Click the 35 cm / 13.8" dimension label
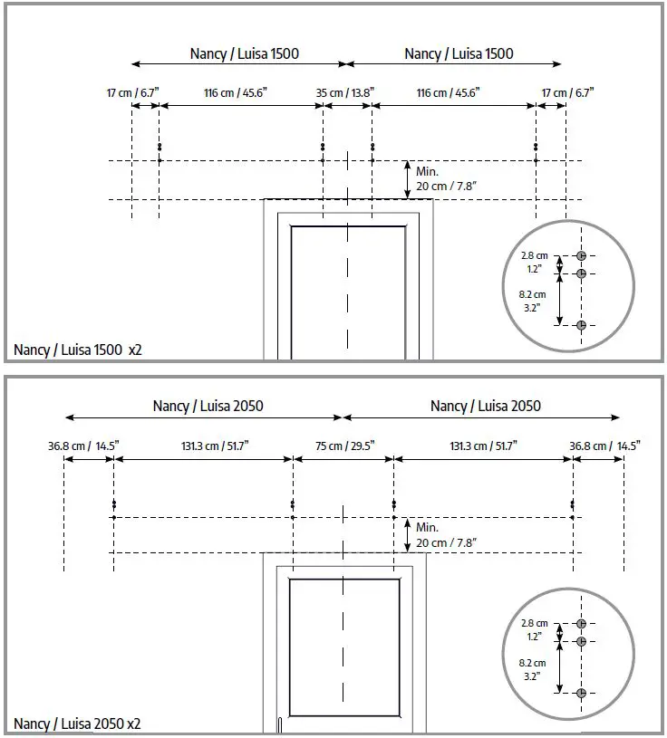tap(345, 92)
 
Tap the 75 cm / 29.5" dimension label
tap(343, 446)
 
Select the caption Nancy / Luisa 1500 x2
tap(78, 350)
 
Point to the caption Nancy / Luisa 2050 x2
tap(77, 724)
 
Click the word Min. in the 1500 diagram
tap(428, 170)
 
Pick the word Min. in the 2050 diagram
tap(428, 527)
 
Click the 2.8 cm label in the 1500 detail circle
tap(534, 256)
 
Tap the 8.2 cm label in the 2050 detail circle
tap(533, 663)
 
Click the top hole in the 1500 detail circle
tap(581, 256)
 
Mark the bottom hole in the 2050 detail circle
tap(581, 693)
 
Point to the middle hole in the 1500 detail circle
tap(581, 273)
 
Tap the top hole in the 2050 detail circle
tap(581, 624)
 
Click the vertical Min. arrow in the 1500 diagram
tap(407, 179)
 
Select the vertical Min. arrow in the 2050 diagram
tap(407, 535)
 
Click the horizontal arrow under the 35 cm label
tap(348, 106)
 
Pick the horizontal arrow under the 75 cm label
tap(343, 459)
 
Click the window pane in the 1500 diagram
tap(349, 290)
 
